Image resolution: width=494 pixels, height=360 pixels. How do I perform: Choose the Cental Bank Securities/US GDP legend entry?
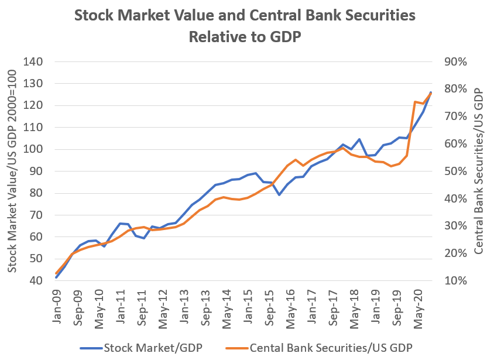(x=331, y=348)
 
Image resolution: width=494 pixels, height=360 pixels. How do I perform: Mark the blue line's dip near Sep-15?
(x=280, y=194)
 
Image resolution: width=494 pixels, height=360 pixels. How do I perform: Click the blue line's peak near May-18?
(x=359, y=139)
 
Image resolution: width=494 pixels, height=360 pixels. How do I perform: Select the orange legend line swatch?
(x=235, y=348)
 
